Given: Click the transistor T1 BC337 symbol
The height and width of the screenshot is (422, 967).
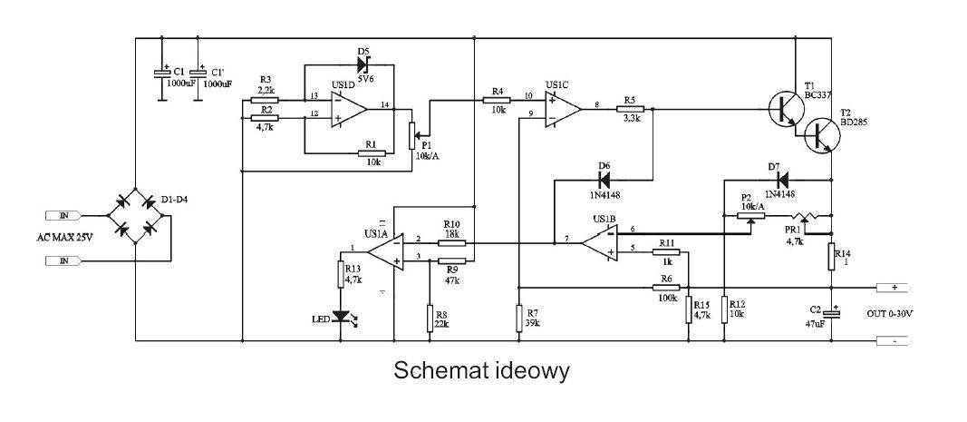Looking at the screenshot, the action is (x=787, y=109).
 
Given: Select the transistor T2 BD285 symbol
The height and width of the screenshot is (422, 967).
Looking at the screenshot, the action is (x=822, y=135).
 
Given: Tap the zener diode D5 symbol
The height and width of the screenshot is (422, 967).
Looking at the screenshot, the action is (x=363, y=64).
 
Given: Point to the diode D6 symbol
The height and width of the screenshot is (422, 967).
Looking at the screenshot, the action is (x=604, y=181).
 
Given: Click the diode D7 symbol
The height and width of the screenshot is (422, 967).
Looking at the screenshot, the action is (x=782, y=181).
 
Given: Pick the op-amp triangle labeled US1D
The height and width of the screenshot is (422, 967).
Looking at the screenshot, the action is (x=348, y=110).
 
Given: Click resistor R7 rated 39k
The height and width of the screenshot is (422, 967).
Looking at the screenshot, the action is (x=520, y=317).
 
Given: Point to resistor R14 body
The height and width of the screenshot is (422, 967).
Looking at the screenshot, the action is (x=831, y=257).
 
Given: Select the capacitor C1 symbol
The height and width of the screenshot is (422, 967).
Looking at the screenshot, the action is (x=161, y=73).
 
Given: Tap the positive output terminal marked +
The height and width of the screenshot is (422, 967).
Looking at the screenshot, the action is (x=893, y=288).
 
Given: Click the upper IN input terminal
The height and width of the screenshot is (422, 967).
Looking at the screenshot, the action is (x=63, y=216).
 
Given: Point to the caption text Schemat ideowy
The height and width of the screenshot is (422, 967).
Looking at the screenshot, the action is (x=481, y=370).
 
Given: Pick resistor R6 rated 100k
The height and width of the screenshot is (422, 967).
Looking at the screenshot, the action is (x=666, y=288).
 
